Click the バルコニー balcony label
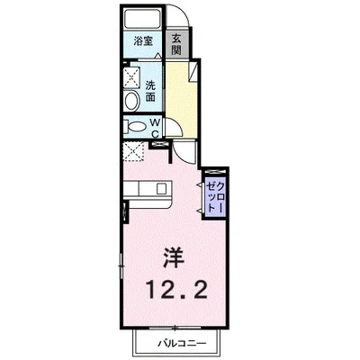click(184, 345)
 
